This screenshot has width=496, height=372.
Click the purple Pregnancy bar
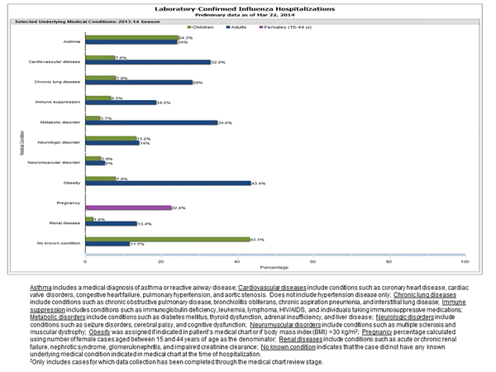tap(133, 207)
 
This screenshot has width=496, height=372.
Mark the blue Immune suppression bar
tap(126, 103)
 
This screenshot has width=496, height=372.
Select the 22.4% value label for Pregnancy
tap(179, 207)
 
